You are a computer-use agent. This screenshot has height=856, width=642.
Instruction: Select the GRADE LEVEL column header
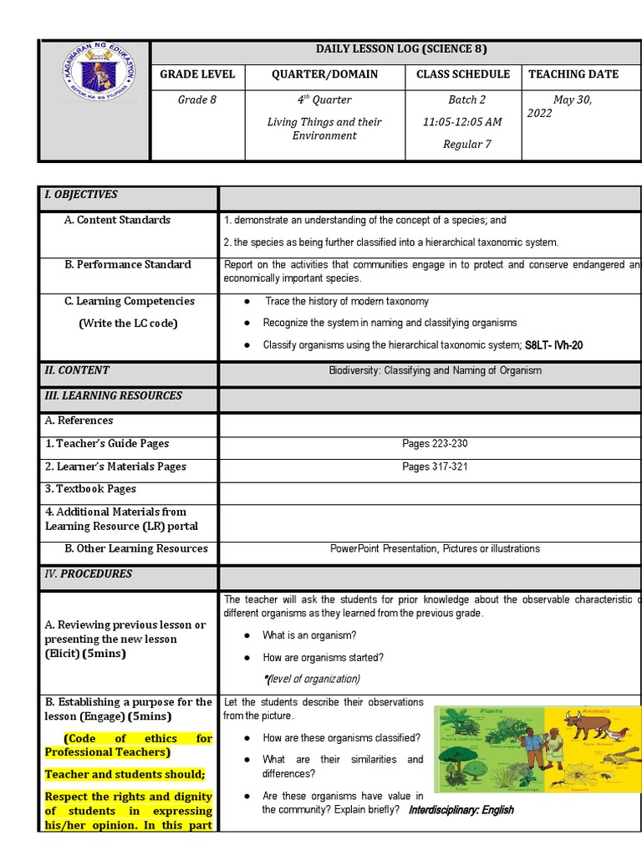pos(197,74)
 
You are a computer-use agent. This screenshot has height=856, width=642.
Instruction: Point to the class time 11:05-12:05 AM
pos(462,122)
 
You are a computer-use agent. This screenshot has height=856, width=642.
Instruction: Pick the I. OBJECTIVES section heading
pos(81,195)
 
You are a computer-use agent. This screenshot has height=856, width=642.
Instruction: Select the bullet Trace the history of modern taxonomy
pos(347,301)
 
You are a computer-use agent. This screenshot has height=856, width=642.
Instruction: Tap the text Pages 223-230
pos(429,444)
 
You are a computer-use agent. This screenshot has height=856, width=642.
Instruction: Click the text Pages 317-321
pos(429,466)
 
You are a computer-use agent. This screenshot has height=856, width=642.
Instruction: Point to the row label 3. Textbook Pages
pos(90,489)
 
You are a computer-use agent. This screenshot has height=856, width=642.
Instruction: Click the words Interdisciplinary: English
pos(461,810)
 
